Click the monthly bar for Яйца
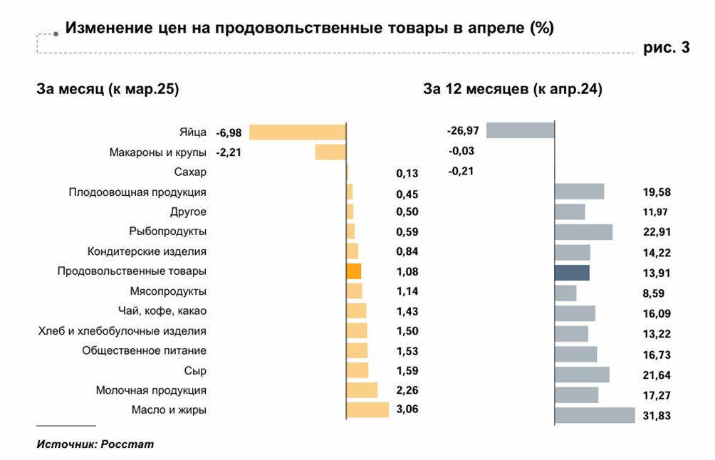tap(297, 132)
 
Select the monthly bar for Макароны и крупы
tap(330, 152)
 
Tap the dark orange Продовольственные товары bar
tap(353, 271)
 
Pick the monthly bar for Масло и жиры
tap(367, 410)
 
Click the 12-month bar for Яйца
tap(520, 130)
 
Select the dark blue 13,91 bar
tap(572, 273)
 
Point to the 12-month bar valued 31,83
tap(595, 416)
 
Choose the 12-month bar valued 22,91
tap(583, 232)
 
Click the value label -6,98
tap(229, 132)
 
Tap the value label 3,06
tap(407, 411)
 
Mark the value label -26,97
tap(463, 131)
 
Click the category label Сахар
tap(190, 172)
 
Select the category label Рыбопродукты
tap(168, 231)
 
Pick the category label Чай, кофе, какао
tap(162, 310)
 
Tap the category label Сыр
tap(195, 370)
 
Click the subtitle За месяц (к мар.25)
tap(108, 90)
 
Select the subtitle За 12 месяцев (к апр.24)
tap(513, 90)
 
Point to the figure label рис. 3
tap(667, 48)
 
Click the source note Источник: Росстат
tap(95, 444)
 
